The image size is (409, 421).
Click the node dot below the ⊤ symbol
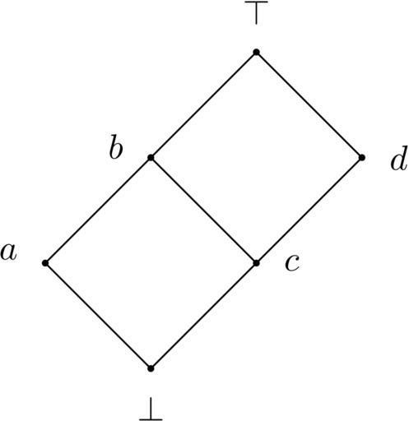point(256,52)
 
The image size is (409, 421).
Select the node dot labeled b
point(151,158)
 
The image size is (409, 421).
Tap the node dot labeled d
point(362,158)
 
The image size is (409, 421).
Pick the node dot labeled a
point(45,263)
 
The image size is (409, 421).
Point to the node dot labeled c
point(256,263)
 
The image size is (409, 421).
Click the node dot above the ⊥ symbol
point(151,368)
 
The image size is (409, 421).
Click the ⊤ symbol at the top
point(256,13)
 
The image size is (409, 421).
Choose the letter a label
point(8,252)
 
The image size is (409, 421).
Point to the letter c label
point(292,263)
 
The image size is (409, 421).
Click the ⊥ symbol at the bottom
point(151,409)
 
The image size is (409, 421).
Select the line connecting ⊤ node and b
point(203,105)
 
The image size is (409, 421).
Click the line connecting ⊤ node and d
point(309,105)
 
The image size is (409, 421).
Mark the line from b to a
point(98,210)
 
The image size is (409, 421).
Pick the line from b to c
point(203,210)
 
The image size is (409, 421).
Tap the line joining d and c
point(309,210)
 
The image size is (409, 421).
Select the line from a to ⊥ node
point(98,316)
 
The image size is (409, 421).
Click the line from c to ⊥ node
point(203,316)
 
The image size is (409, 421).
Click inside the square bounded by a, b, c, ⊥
point(151,263)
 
